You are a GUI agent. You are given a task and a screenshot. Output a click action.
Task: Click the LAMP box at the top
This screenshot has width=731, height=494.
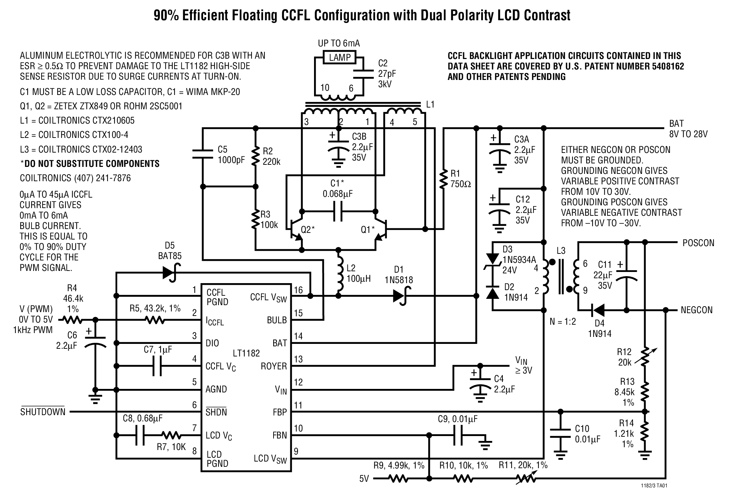click(340, 58)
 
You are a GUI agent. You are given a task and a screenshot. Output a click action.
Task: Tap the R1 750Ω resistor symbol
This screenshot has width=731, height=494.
click(444, 179)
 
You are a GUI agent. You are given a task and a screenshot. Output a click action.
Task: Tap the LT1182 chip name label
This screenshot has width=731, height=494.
click(246, 353)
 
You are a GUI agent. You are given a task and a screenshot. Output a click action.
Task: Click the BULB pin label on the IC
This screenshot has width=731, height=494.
click(277, 320)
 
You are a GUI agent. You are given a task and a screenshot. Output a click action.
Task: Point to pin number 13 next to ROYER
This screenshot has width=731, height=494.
click(298, 360)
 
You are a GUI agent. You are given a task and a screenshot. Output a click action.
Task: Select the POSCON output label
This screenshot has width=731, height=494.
click(698, 243)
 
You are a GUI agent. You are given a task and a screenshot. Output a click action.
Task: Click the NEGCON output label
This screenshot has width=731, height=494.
click(696, 310)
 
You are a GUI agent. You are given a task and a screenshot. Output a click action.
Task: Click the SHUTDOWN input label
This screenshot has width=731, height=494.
click(43, 412)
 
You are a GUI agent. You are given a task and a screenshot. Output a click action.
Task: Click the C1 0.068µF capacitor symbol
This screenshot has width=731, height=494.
click(338, 212)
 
